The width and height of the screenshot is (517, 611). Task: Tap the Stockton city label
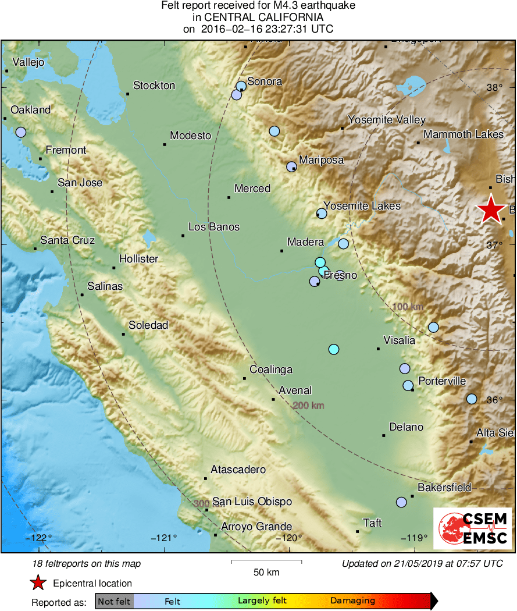pyautogui.click(x=154, y=86)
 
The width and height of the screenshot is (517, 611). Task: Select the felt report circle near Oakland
pyautogui.click(x=21, y=132)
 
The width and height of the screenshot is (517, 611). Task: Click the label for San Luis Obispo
pyautogui.click(x=252, y=502)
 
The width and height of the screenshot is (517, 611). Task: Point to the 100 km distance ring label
pyautogui.click(x=408, y=307)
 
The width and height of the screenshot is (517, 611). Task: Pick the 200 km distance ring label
pyautogui.click(x=309, y=406)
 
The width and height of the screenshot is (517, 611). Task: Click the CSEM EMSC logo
pyautogui.click(x=473, y=527)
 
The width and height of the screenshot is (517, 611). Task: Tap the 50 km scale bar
pyautogui.click(x=266, y=562)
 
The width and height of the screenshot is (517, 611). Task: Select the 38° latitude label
pyautogui.click(x=495, y=88)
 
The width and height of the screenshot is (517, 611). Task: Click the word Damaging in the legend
pyautogui.click(x=353, y=601)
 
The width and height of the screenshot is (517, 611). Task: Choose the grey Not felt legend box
pyautogui.click(x=114, y=601)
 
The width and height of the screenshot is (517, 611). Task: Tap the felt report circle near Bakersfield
pyautogui.click(x=401, y=502)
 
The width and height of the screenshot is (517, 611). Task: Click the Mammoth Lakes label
pyautogui.click(x=463, y=134)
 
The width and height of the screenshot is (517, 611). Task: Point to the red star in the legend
pyautogui.click(x=38, y=582)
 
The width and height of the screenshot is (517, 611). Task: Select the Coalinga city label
pyautogui.click(x=271, y=370)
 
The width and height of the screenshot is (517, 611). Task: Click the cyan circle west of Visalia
pyautogui.click(x=333, y=349)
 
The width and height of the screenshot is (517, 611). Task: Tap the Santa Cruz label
pyautogui.click(x=67, y=240)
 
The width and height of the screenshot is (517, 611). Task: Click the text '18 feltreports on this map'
pyautogui.click(x=87, y=563)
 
